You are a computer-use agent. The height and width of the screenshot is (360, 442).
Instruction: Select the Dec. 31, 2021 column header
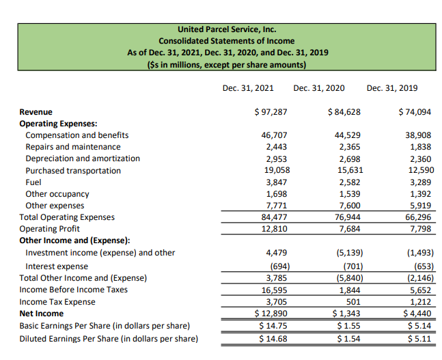[x=248, y=87]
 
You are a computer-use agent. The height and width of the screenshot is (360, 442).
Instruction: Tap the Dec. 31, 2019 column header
[x=392, y=87]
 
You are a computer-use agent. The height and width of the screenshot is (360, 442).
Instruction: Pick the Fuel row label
[x=33, y=182]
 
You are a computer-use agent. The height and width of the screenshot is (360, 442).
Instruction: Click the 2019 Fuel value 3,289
[x=420, y=182]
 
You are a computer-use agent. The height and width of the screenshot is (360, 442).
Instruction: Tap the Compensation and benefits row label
[x=77, y=135]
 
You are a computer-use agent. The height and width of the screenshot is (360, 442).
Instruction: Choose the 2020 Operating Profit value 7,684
[x=350, y=229]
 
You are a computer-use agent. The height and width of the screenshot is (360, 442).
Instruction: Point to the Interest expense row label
[x=57, y=266]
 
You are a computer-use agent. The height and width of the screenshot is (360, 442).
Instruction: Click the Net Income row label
[x=41, y=314]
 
